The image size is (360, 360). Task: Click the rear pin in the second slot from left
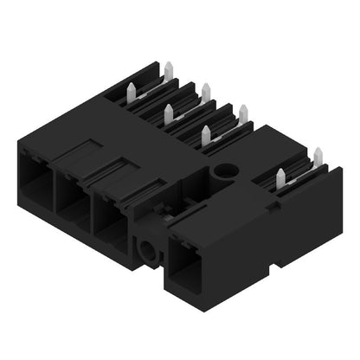(x=206, y=90)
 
